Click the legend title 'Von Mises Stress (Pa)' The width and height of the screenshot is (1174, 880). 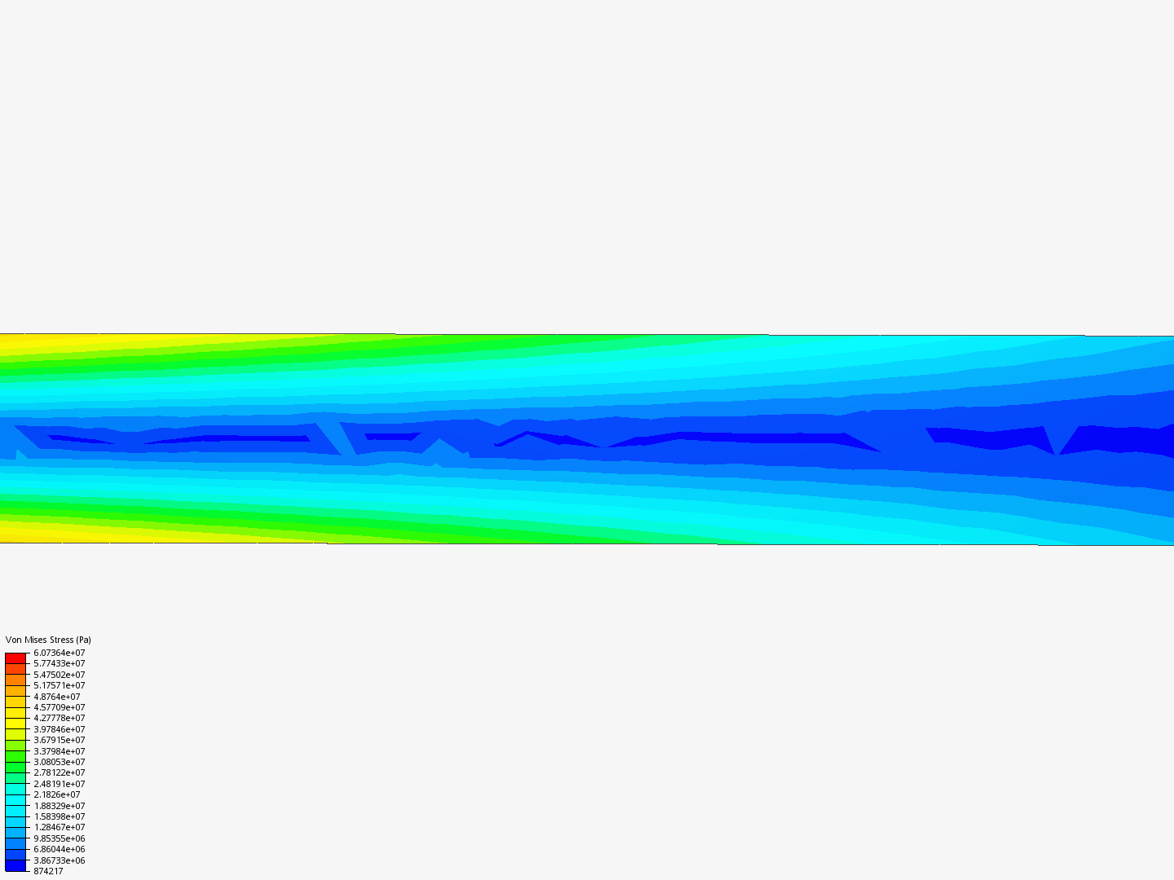(48, 640)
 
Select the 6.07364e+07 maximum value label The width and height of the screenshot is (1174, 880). (60, 653)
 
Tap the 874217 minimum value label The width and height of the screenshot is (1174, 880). (48, 872)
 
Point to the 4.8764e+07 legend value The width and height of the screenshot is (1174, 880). (57, 697)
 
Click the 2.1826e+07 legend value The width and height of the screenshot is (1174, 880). (57, 794)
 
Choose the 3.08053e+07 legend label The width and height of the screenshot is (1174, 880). (60, 762)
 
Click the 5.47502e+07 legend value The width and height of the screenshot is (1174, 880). (60, 675)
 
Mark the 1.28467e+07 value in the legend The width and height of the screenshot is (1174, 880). (60, 827)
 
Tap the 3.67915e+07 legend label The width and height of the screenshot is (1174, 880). (60, 740)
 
